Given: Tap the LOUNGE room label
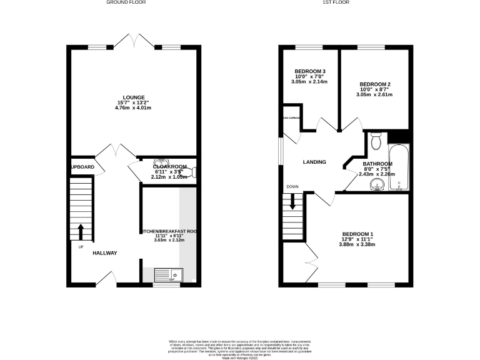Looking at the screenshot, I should [x=134, y=97].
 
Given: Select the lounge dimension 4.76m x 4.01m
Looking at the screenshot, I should [x=134, y=108].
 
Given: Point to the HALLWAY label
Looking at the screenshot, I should [x=105, y=253].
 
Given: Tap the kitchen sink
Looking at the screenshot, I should [x=167, y=274].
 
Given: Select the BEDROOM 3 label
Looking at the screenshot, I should [x=309, y=71].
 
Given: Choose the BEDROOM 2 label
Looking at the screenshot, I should [x=375, y=84].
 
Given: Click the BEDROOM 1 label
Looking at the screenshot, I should [x=354, y=234].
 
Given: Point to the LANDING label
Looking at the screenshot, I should [x=314, y=162].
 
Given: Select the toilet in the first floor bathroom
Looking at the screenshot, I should [x=376, y=141].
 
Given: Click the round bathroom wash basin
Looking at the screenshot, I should [x=376, y=184].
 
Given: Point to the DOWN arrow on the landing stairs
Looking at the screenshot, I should [x=292, y=202].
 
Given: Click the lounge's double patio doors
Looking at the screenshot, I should [x=134, y=41].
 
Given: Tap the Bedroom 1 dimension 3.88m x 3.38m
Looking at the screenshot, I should [x=354, y=245].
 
